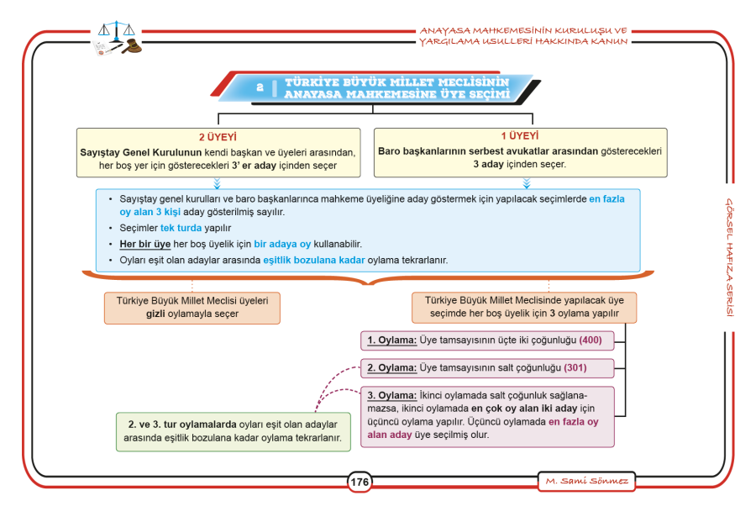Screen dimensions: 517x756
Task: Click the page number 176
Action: pos(360,482)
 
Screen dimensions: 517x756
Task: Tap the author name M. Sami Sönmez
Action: pos(587,482)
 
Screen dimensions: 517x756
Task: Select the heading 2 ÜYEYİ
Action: pos(218,137)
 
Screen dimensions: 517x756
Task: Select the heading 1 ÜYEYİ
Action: pos(520,135)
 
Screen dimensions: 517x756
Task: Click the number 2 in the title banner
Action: pos(260,87)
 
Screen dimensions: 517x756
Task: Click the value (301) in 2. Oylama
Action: pos(575,368)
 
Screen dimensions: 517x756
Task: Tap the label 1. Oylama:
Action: pos(392,340)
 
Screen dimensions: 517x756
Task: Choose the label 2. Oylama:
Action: pos(392,368)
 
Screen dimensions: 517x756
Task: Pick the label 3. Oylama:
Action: pos(392,396)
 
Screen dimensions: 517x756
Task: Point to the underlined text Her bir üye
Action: pos(145,244)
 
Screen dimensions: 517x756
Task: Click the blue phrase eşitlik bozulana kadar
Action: pos(314,260)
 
